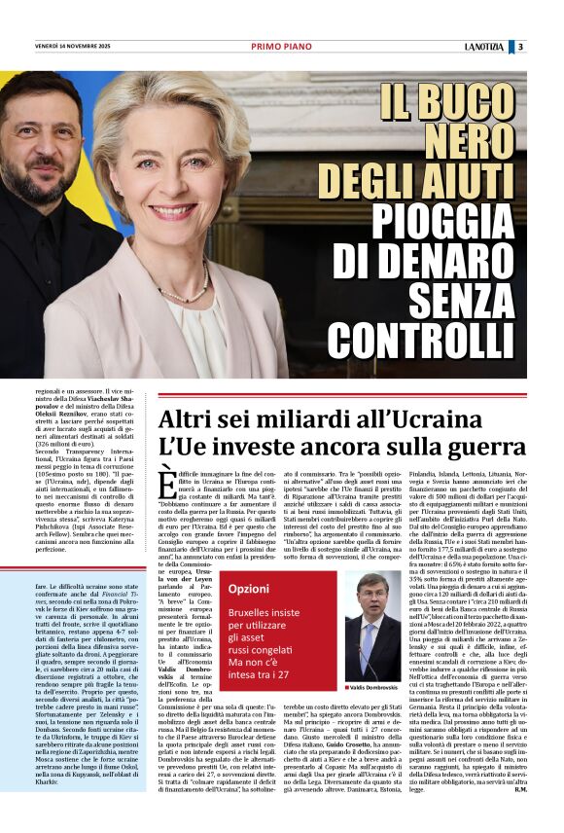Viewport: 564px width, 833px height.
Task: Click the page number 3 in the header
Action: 548,46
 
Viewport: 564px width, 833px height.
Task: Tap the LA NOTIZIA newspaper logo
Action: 511,46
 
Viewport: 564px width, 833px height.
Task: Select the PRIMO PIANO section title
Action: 279,46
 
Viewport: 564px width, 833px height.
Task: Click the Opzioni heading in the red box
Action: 249,588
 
